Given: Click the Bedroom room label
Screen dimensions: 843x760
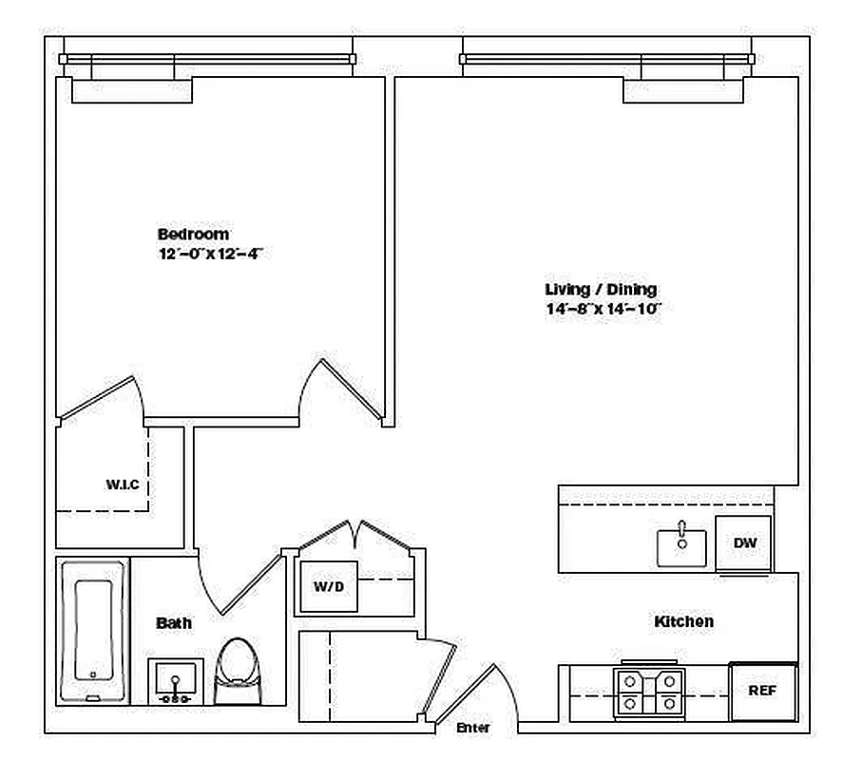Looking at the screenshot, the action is (x=193, y=235).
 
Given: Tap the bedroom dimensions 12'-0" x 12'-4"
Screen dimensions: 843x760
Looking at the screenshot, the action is (x=210, y=254).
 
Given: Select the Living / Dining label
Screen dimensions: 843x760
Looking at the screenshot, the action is (x=601, y=290).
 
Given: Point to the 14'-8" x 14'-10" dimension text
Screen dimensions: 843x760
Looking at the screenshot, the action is (x=603, y=309).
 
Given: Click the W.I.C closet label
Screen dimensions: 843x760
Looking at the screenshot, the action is (x=123, y=484).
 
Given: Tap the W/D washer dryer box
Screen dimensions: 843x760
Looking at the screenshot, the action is (x=329, y=586).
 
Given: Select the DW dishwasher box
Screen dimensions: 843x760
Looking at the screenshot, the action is (x=743, y=542).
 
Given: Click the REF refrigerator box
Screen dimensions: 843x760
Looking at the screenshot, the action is (x=763, y=692).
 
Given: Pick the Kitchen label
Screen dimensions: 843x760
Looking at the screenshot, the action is (x=684, y=621).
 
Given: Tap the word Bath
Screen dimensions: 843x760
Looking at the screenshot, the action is (x=174, y=623).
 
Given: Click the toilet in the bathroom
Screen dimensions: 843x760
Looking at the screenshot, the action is (x=238, y=671).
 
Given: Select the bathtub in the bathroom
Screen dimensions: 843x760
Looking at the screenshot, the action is (x=93, y=631).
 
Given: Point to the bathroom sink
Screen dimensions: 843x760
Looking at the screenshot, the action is (x=175, y=681).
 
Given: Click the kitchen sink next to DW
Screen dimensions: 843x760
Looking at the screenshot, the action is (x=681, y=546).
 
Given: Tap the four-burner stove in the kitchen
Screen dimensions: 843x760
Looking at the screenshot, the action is (x=649, y=693).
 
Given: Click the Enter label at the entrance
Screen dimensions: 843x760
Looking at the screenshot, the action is (x=473, y=728).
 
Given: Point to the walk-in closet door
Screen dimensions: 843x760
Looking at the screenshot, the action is (x=101, y=397).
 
